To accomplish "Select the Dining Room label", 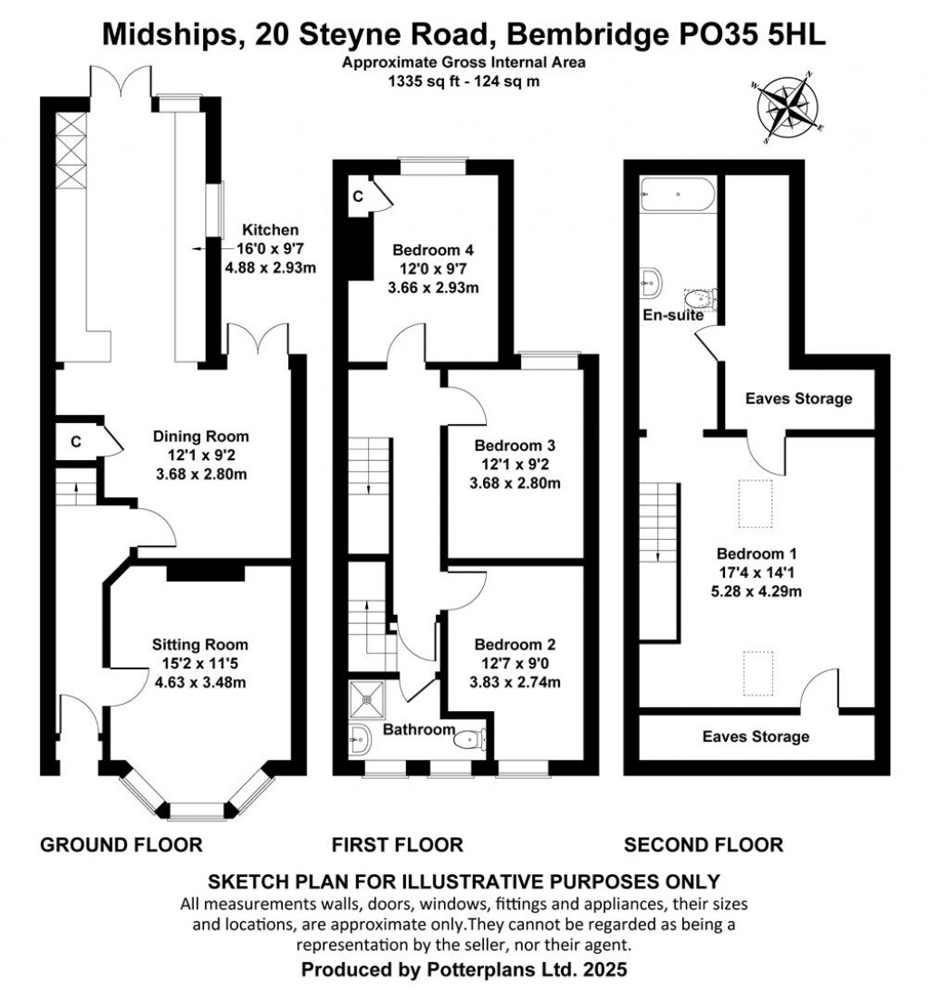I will pyautogui.click(x=200, y=437).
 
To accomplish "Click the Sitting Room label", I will pyautogui.click(x=200, y=645).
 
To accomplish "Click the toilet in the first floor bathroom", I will pyautogui.click(x=471, y=739).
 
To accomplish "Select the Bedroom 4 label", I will pyautogui.click(x=433, y=251).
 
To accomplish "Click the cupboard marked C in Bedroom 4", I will pyautogui.click(x=359, y=196).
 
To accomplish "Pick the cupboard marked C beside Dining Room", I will pyautogui.click(x=78, y=442).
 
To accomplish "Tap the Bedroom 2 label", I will pyautogui.click(x=516, y=645).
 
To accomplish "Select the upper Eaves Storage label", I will pyautogui.click(x=798, y=399).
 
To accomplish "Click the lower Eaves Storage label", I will pyautogui.click(x=756, y=736).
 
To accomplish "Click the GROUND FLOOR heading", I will pyautogui.click(x=121, y=845).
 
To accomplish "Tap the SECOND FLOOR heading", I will pyautogui.click(x=703, y=845).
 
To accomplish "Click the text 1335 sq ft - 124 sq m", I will pyautogui.click(x=464, y=80).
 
